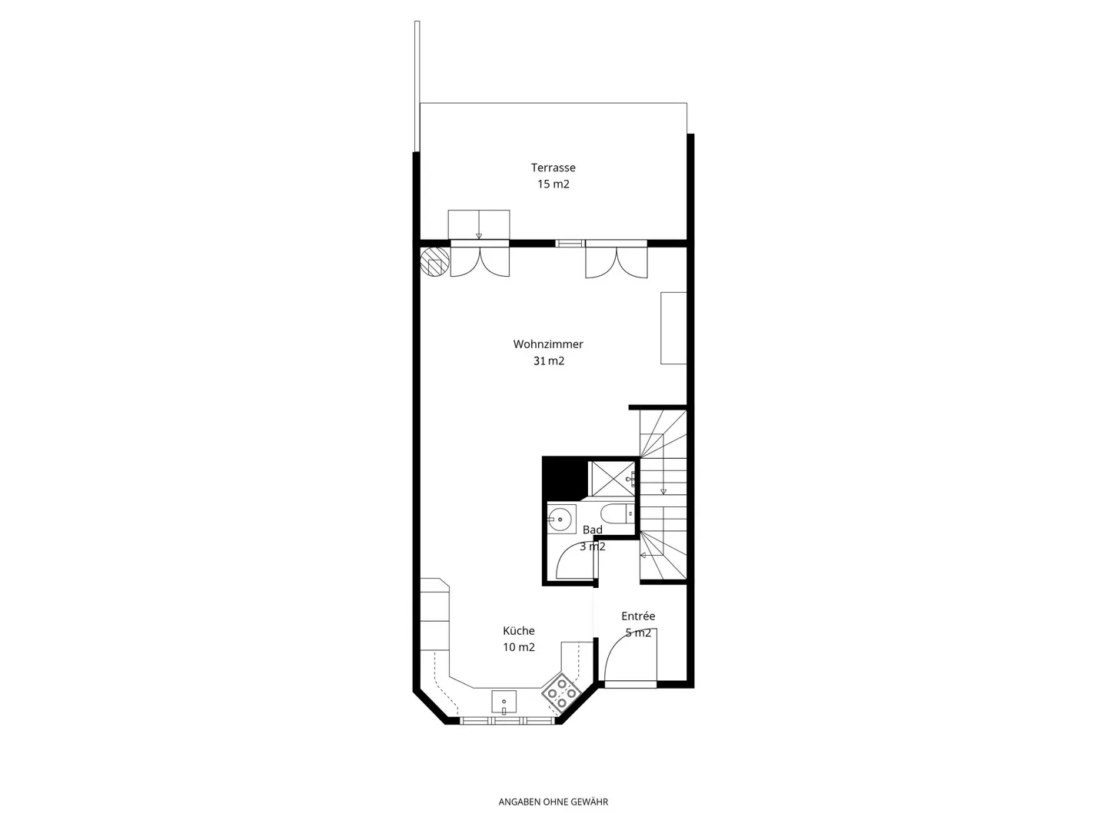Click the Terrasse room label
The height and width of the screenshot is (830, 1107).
click(553, 168)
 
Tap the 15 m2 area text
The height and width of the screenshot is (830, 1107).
click(553, 184)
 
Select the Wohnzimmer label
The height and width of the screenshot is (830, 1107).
click(547, 344)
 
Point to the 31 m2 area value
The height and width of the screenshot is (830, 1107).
click(548, 361)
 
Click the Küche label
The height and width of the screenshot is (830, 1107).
click(518, 630)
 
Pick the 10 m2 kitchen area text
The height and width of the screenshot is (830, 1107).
click(518, 647)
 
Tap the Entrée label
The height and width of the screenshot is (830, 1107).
click(638, 616)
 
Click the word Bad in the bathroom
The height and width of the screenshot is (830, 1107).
click(592, 530)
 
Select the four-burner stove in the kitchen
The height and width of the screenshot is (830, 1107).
click(561, 694)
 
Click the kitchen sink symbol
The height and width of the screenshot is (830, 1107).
click(504, 702)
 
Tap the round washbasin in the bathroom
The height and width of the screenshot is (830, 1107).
click(559, 519)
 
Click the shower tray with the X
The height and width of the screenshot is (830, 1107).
click(612, 478)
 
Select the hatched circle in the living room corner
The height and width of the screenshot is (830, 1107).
click(435, 261)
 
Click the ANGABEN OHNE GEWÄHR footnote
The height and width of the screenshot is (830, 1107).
click(553, 802)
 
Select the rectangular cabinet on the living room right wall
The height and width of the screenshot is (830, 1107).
click(673, 328)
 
